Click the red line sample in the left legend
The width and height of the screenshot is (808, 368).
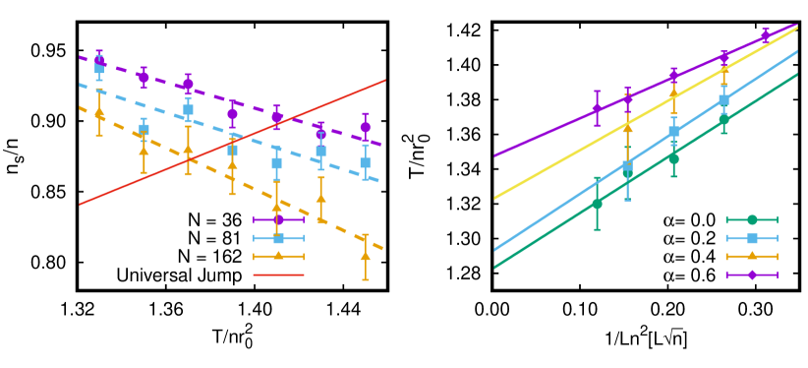278,275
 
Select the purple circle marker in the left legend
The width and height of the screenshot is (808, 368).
278,219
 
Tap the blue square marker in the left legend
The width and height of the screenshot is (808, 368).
278,238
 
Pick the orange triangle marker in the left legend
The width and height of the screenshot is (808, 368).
278,256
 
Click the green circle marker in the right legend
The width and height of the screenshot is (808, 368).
752,219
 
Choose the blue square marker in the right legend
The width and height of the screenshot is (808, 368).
752,238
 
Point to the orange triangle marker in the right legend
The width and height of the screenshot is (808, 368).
752,256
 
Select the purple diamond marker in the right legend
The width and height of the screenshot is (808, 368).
752,275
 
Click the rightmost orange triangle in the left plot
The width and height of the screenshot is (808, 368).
366,256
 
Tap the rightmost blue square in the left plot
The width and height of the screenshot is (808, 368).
365,162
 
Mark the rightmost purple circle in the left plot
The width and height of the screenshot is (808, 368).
366,127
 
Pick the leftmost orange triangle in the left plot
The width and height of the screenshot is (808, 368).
99,113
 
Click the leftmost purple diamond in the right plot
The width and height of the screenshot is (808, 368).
597,108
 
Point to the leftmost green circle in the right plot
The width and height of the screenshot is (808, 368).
597,204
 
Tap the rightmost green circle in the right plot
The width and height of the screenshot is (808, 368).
723,120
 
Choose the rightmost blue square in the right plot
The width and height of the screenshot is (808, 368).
723,100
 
